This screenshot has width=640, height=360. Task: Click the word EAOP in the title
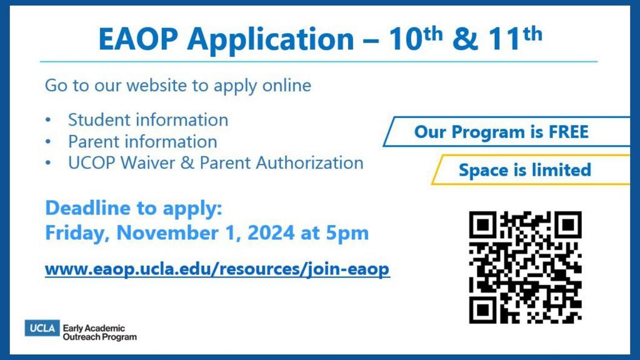[138, 39]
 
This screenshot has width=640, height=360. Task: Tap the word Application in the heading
[271, 40]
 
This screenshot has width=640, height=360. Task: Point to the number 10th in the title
[416, 38]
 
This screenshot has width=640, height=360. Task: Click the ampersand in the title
[465, 39]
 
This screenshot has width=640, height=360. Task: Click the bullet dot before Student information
[48, 120]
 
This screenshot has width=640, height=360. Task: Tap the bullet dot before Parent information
[48, 142]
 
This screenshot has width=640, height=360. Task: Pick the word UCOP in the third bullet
[91, 163]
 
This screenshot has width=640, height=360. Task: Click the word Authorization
[309, 163]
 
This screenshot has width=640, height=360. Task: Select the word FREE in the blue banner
[569, 132]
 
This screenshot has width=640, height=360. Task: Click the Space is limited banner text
[525, 170]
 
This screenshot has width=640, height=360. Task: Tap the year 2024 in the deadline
[271, 232]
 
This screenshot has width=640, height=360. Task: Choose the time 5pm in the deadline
[347, 234]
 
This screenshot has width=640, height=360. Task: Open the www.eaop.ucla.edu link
[217, 269]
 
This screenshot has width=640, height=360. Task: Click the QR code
[525, 267]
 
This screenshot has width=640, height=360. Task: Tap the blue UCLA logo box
[42, 328]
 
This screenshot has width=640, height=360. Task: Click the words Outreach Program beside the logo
[99, 337]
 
